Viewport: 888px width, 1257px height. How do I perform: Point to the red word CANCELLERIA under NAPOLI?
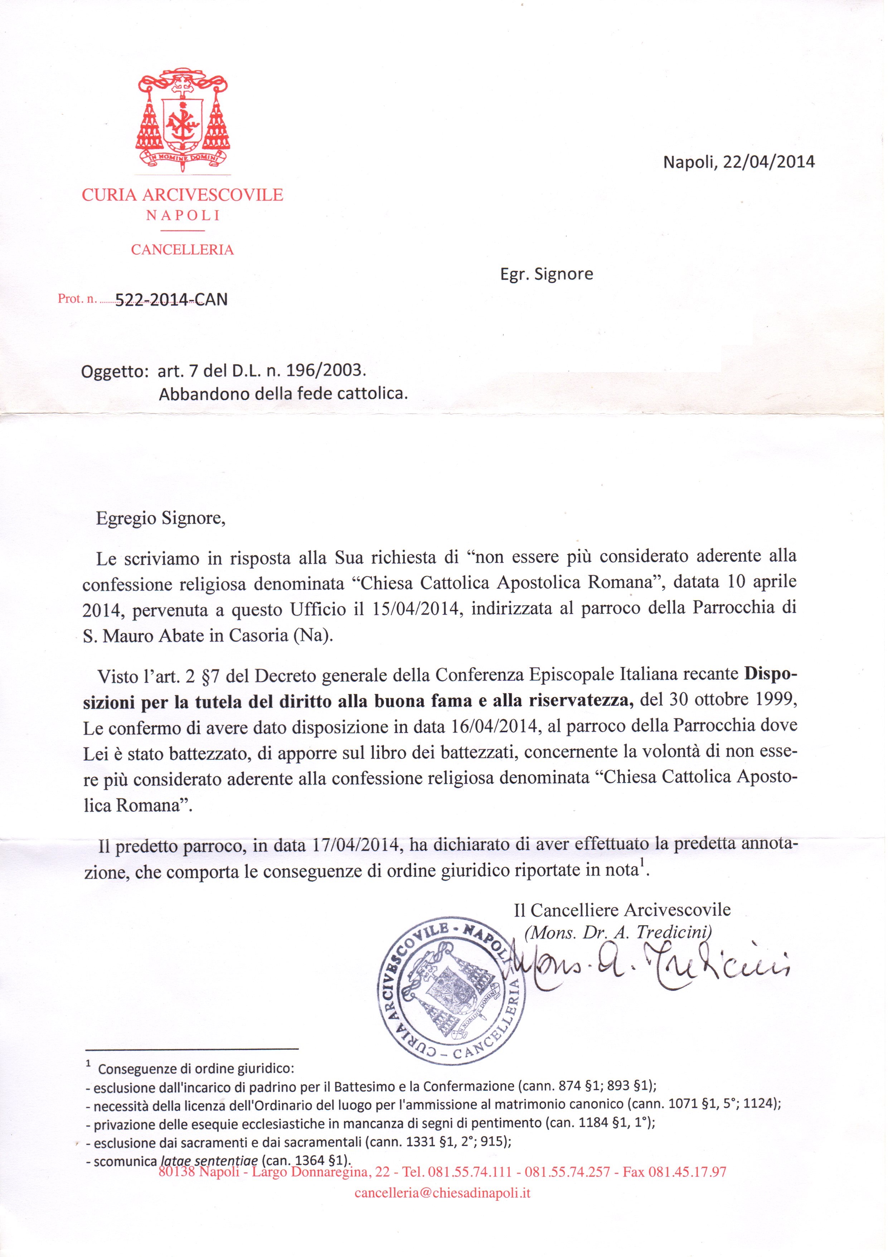182,250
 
